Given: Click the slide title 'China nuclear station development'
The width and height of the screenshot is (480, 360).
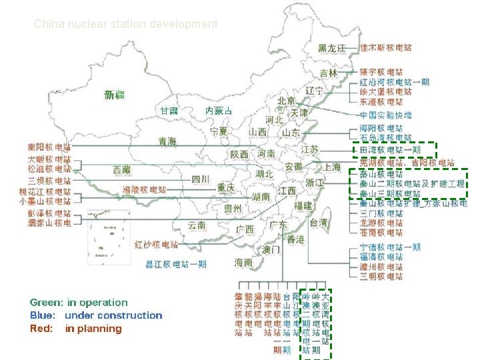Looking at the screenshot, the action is pyautogui.click(x=125, y=24).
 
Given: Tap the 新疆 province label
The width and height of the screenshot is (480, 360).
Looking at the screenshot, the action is pyautogui.click(x=115, y=95).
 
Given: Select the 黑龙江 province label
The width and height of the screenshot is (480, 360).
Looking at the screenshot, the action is pyautogui.click(x=332, y=48).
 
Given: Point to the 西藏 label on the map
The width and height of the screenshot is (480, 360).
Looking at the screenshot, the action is pyautogui.click(x=123, y=170).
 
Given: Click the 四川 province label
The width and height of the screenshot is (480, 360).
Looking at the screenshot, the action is pyautogui.click(x=201, y=179).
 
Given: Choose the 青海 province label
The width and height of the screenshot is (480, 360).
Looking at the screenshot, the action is pyautogui.click(x=167, y=141).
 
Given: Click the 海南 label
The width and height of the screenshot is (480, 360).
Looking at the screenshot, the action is pyautogui.click(x=243, y=263).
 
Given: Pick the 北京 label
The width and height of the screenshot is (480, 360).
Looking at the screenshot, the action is pyautogui.click(x=286, y=101).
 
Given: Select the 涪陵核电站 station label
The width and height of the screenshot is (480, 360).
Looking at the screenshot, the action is pyautogui.click(x=144, y=189).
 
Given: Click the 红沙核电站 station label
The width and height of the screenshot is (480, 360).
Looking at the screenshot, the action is pyautogui.click(x=156, y=244).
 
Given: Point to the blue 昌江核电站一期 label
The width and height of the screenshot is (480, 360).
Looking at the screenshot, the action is pyautogui.click(x=176, y=264).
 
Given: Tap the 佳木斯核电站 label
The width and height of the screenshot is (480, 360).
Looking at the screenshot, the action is pyautogui.click(x=385, y=48).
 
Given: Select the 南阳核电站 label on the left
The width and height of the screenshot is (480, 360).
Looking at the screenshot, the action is pyautogui.click(x=49, y=146).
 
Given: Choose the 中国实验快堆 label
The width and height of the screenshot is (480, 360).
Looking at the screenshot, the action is pyautogui.click(x=385, y=115).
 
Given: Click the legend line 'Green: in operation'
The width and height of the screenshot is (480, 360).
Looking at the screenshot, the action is pyautogui.click(x=79, y=303).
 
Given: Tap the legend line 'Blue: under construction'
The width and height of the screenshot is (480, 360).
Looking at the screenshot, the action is pyautogui.click(x=96, y=315).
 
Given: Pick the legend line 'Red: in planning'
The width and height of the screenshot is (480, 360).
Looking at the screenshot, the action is pyautogui.click(x=76, y=329).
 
